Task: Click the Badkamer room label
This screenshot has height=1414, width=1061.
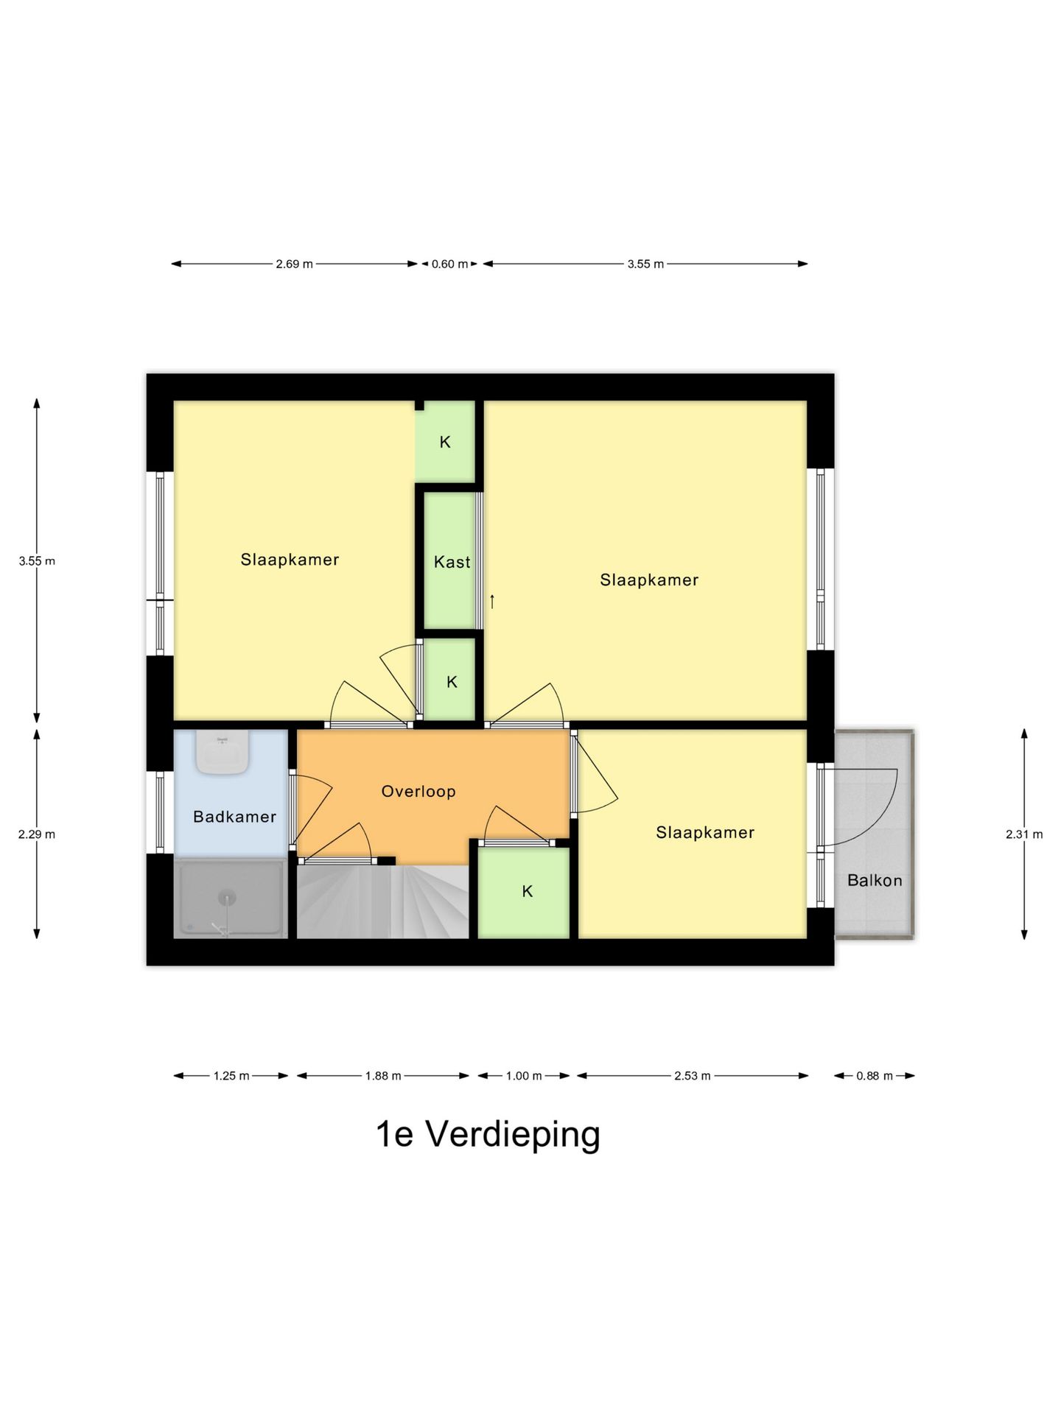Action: coord(234,816)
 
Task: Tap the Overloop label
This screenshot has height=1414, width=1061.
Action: coord(418,791)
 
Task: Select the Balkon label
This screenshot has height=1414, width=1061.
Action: coord(874,880)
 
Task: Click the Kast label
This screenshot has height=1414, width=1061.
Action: coord(452,562)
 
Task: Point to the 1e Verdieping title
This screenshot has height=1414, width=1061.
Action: coord(488,1135)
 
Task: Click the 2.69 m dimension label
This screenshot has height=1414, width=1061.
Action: coord(294,264)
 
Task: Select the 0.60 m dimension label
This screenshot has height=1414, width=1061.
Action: coord(449,264)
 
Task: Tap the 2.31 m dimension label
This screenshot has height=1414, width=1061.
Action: coord(1023,834)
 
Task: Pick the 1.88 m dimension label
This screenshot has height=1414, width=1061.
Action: coord(383,1076)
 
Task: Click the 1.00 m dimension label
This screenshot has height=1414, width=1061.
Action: coord(523,1076)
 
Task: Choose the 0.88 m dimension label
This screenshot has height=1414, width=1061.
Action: coord(874,1076)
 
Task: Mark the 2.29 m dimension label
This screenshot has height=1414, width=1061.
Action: coord(37,834)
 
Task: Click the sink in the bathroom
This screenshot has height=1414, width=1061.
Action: coord(221,753)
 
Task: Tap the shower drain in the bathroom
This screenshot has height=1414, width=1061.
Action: coord(227,897)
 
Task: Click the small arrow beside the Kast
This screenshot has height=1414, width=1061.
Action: coord(491,601)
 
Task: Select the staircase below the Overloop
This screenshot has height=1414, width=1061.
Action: coord(383,902)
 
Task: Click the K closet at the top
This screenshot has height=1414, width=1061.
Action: coord(445,442)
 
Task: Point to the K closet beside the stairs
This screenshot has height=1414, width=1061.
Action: coord(527,892)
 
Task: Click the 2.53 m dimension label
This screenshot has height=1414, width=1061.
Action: coord(692,1076)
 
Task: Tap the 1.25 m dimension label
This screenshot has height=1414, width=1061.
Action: coord(231,1076)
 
